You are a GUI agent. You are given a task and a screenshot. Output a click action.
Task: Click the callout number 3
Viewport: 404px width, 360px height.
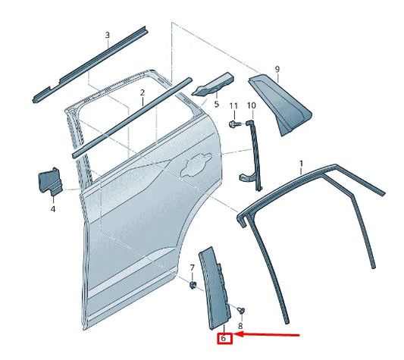pos(107,35)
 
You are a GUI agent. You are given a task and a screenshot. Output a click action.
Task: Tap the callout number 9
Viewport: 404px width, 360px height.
pos(277,69)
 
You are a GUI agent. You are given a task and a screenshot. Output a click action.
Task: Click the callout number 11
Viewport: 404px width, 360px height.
pos(233,105)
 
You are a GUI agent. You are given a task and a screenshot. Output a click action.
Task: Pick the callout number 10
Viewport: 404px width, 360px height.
pos(251,105)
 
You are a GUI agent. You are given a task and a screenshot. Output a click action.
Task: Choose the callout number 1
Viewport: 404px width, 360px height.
pos(301,163)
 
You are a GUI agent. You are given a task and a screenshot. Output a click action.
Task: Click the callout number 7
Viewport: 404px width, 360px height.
pos(193,268)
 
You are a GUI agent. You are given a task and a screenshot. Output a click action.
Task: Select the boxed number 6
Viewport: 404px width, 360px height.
pos(224,338)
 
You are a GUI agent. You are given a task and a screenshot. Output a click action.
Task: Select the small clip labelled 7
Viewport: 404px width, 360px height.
pos(193,284)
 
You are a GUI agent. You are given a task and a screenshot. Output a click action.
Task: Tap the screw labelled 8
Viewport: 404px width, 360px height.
pos(240,310)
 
